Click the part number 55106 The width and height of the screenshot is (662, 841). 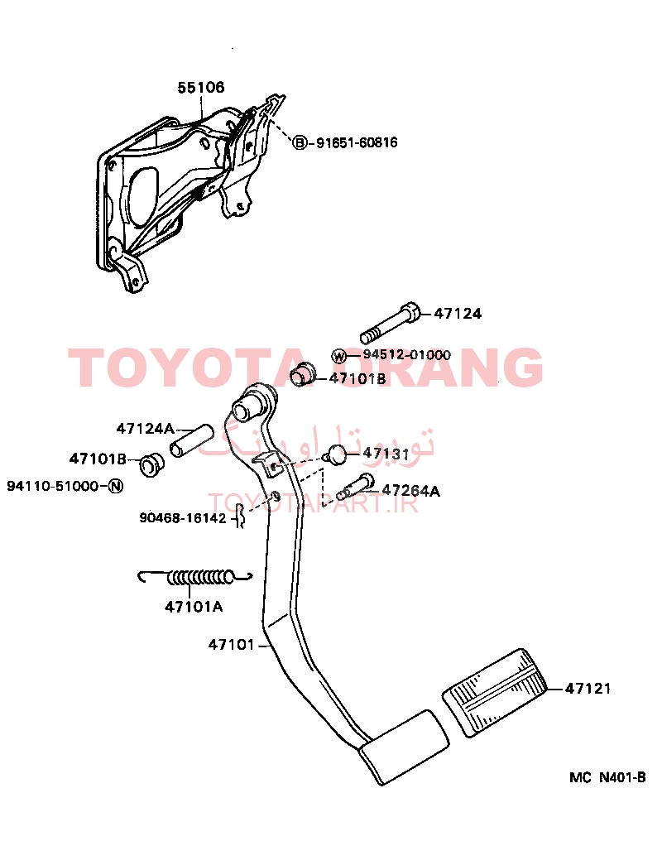(201, 88)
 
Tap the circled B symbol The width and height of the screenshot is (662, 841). (300, 142)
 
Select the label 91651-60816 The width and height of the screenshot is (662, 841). (357, 142)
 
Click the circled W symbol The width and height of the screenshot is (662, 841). (338, 356)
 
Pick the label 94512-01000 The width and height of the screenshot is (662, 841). (407, 354)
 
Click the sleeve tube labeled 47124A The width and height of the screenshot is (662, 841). (192, 440)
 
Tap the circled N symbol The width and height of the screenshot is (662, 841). (116, 486)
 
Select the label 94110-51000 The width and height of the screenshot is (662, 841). (53, 486)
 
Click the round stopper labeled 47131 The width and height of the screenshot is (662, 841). (337, 454)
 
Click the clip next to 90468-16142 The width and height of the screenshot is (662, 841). (241, 517)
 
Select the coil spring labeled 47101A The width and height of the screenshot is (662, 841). (195, 577)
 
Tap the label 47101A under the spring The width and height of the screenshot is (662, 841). (194, 607)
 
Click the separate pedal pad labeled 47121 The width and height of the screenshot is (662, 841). (495, 693)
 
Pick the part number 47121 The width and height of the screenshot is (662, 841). (588, 688)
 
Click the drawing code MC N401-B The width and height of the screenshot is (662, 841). (608, 777)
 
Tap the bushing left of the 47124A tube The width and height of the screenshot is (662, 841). (151, 465)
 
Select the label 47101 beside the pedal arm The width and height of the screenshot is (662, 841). (231, 644)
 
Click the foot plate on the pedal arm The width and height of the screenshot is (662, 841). (404, 747)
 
